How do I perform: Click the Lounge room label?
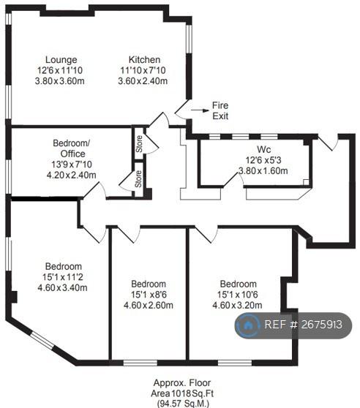(61, 60)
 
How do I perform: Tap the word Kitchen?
(144, 59)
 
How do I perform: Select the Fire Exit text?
(220, 110)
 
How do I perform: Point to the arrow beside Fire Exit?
(200, 110)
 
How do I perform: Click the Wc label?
(263, 149)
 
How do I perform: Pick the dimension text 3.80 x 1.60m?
(263, 171)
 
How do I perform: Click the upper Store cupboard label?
(139, 144)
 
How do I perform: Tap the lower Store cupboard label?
(138, 178)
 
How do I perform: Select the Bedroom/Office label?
(72, 148)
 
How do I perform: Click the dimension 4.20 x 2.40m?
(71, 175)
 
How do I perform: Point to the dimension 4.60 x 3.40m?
(62, 288)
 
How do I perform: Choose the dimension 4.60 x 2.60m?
(149, 305)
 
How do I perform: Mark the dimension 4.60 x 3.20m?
(237, 305)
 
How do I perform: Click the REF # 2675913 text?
(303, 325)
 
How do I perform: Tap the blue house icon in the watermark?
(247, 325)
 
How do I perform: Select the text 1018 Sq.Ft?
(192, 393)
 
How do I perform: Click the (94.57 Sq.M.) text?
(183, 404)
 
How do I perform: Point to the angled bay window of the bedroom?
(42, 339)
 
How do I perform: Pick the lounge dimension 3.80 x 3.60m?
(59, 81)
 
